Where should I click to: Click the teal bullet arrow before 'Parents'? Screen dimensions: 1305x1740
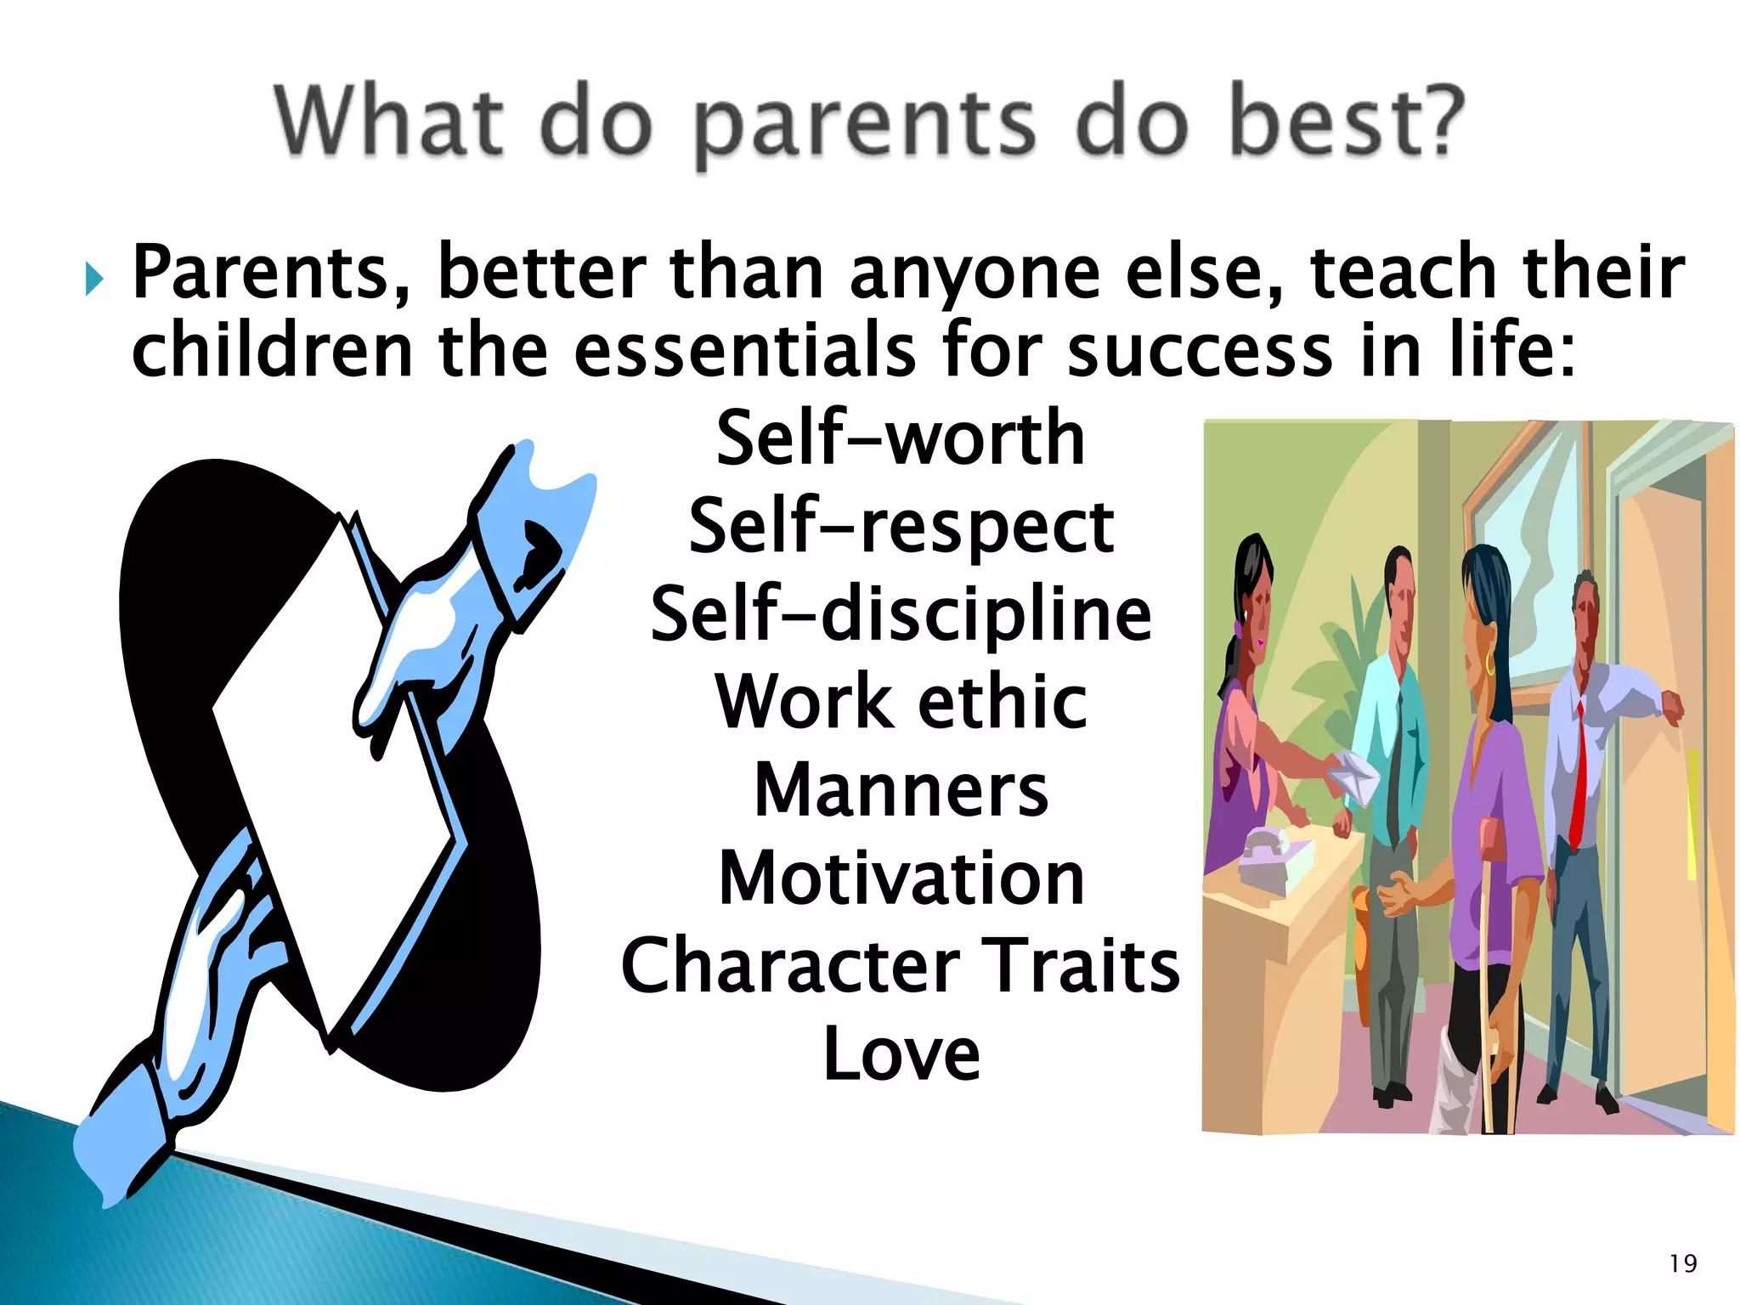coord(93,280)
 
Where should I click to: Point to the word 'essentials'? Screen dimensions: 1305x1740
coord(745,351)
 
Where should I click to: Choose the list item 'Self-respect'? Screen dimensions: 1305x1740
coord(901,527)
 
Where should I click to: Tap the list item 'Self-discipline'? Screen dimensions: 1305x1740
coord(901,614)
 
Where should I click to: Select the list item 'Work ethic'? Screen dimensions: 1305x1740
coord(901,703)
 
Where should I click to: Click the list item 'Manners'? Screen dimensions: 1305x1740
coord(901,790)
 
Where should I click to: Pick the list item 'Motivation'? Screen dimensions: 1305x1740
coord(901,878)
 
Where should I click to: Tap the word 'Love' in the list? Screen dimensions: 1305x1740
coord(901,1054)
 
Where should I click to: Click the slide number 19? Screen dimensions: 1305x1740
coord(1682,1263)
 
